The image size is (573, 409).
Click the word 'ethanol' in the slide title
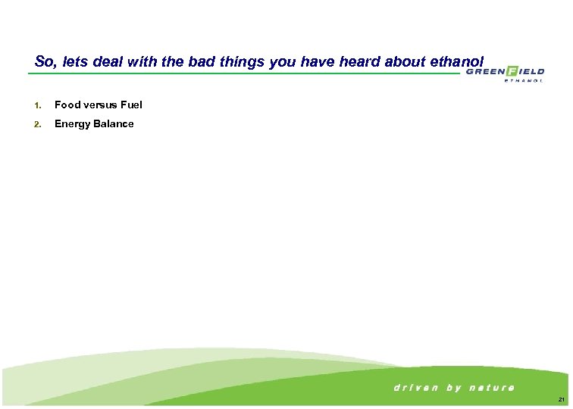click(456, 61)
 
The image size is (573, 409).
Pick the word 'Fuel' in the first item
click(131, 105)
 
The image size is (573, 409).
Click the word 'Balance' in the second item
click(113, 124)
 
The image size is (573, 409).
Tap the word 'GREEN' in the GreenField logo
click(485, 72)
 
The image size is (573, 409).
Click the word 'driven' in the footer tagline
click(415, 388)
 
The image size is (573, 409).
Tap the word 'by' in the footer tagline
click(454, 388)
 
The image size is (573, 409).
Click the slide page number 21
click(560, 400)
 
